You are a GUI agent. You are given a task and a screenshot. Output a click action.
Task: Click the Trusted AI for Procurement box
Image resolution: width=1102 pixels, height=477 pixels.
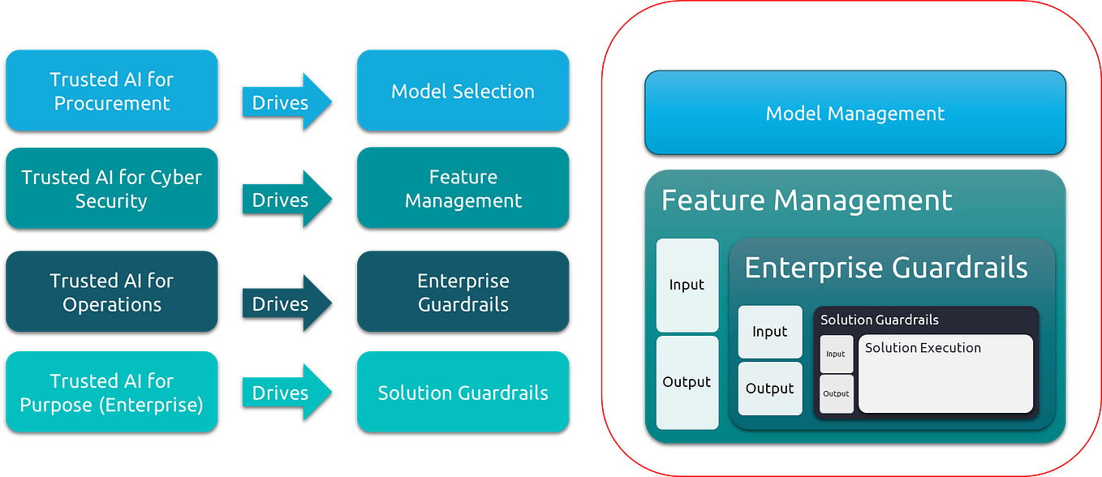point(112,91)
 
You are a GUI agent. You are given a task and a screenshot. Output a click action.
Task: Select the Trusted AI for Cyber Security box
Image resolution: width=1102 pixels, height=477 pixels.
point(112,189)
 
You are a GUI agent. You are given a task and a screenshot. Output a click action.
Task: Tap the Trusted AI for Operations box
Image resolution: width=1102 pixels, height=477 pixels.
point(112,292)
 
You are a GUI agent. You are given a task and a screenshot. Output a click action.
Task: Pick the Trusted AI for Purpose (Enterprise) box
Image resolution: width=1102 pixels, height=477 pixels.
point(112,392)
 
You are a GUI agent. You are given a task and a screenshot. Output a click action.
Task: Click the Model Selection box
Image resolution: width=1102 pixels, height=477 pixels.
point(463,91)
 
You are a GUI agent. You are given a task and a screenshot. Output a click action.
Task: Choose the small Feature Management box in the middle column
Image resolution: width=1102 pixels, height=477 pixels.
point(463,189)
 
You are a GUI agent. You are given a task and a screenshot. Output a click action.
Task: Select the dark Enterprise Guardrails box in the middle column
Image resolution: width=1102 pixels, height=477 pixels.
point(463,292)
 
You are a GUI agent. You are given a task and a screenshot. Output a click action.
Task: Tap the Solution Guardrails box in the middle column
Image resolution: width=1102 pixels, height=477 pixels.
point(463,393)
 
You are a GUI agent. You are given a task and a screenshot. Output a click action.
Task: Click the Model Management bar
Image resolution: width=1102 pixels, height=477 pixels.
point(854,113)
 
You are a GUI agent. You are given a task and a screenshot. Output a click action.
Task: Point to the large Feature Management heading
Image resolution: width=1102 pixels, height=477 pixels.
point(807,200)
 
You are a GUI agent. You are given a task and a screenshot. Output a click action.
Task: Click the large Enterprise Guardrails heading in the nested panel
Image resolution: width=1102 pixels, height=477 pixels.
point(885,267)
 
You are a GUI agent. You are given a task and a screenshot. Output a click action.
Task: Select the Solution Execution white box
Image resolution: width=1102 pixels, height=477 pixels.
point(945,373)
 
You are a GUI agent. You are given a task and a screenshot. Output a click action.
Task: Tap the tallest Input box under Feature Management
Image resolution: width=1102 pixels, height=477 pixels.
point(687,285)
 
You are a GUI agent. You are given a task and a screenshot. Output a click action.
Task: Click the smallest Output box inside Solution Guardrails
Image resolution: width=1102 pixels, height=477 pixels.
point(836,393)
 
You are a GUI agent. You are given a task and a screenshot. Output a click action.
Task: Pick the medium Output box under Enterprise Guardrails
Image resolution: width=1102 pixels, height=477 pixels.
point(769,389)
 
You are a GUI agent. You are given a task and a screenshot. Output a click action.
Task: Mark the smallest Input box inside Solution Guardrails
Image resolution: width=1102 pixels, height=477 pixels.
point(836,354)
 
